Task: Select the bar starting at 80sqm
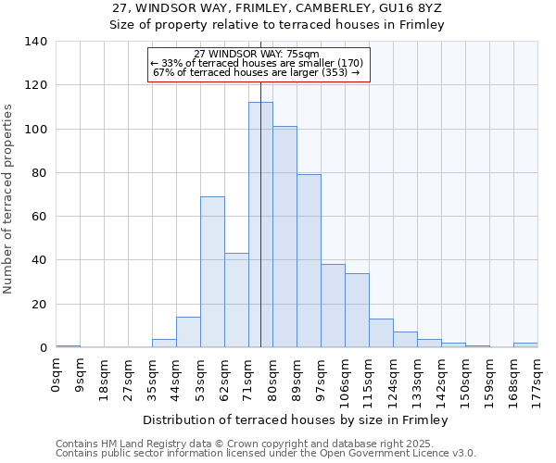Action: tap(284, 237)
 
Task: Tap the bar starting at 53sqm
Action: tap(212, 272)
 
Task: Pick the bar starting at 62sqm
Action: tap(236, 300)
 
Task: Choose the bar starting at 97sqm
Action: tap(333, 306)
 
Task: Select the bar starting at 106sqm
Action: tap(357, 310)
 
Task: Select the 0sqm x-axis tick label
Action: tap(57, 376)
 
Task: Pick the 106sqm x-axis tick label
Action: tap(345, 381)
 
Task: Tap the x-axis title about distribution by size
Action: tap(297, 420)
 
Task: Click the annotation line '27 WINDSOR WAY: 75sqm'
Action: tap(257, 54)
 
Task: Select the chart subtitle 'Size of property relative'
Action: tap(277, 25)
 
